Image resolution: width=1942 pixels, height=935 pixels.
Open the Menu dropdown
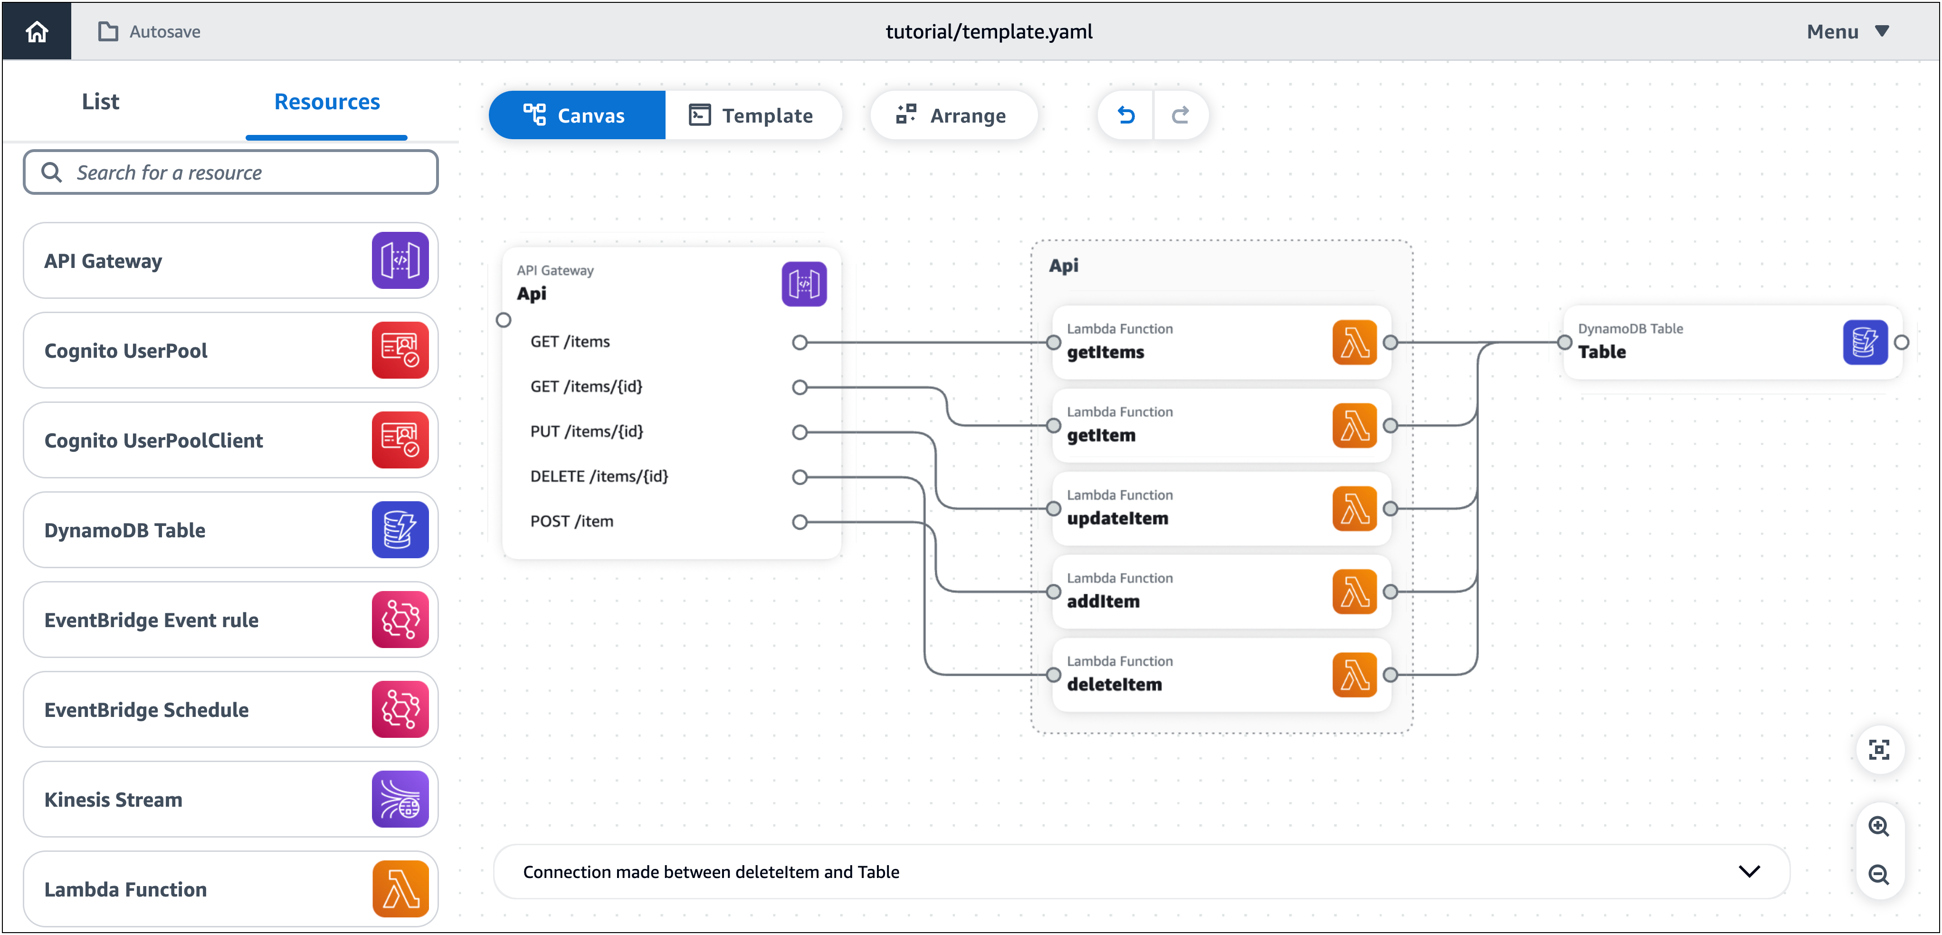(1847, 32)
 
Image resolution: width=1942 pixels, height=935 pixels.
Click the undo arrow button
(1125, 115)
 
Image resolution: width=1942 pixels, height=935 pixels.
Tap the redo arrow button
(1180, 115)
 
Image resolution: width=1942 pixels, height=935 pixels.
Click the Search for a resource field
(231, 172)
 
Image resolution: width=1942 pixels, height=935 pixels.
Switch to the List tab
(100, 102)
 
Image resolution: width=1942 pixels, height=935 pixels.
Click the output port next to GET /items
(799, 343)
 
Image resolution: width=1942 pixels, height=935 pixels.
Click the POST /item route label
(571, 522)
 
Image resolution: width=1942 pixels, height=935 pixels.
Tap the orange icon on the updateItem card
(1354, 509)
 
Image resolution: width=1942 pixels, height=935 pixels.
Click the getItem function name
(1101, 436)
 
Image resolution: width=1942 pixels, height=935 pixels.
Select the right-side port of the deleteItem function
(1390, 675)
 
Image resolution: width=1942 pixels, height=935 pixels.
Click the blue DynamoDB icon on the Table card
(1865, 343)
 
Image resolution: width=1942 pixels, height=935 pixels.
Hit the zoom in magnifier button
(1879, 826)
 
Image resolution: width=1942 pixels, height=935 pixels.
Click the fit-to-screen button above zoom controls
(1879, 750)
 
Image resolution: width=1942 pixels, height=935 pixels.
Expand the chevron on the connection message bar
(1749, 872)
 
